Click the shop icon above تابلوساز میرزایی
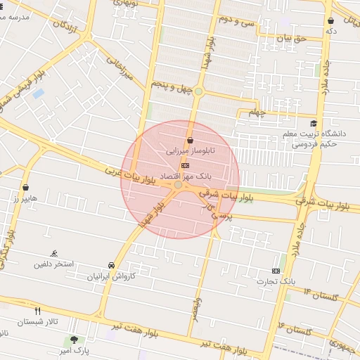click(190, 140)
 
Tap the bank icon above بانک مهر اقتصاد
click(185, 164)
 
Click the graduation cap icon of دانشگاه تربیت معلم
click(313, 122)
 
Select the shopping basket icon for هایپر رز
click(27, 188)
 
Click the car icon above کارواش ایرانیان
click(112, 265)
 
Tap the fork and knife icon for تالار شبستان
click(38, 310)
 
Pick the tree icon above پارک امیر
click(74, 340)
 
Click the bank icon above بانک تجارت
click(276, 271)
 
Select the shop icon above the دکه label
click(330, 21)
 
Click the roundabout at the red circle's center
click(179, 185)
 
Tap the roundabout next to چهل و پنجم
click(199, 91)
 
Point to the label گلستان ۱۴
click(321, 294)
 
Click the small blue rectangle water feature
click(38, 93)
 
